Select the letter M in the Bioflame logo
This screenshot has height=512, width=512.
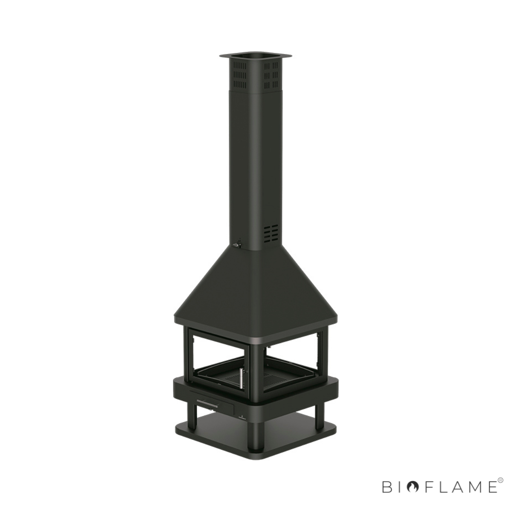(x=470, y=487)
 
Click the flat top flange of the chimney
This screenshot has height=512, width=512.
(x=255, y=55)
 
